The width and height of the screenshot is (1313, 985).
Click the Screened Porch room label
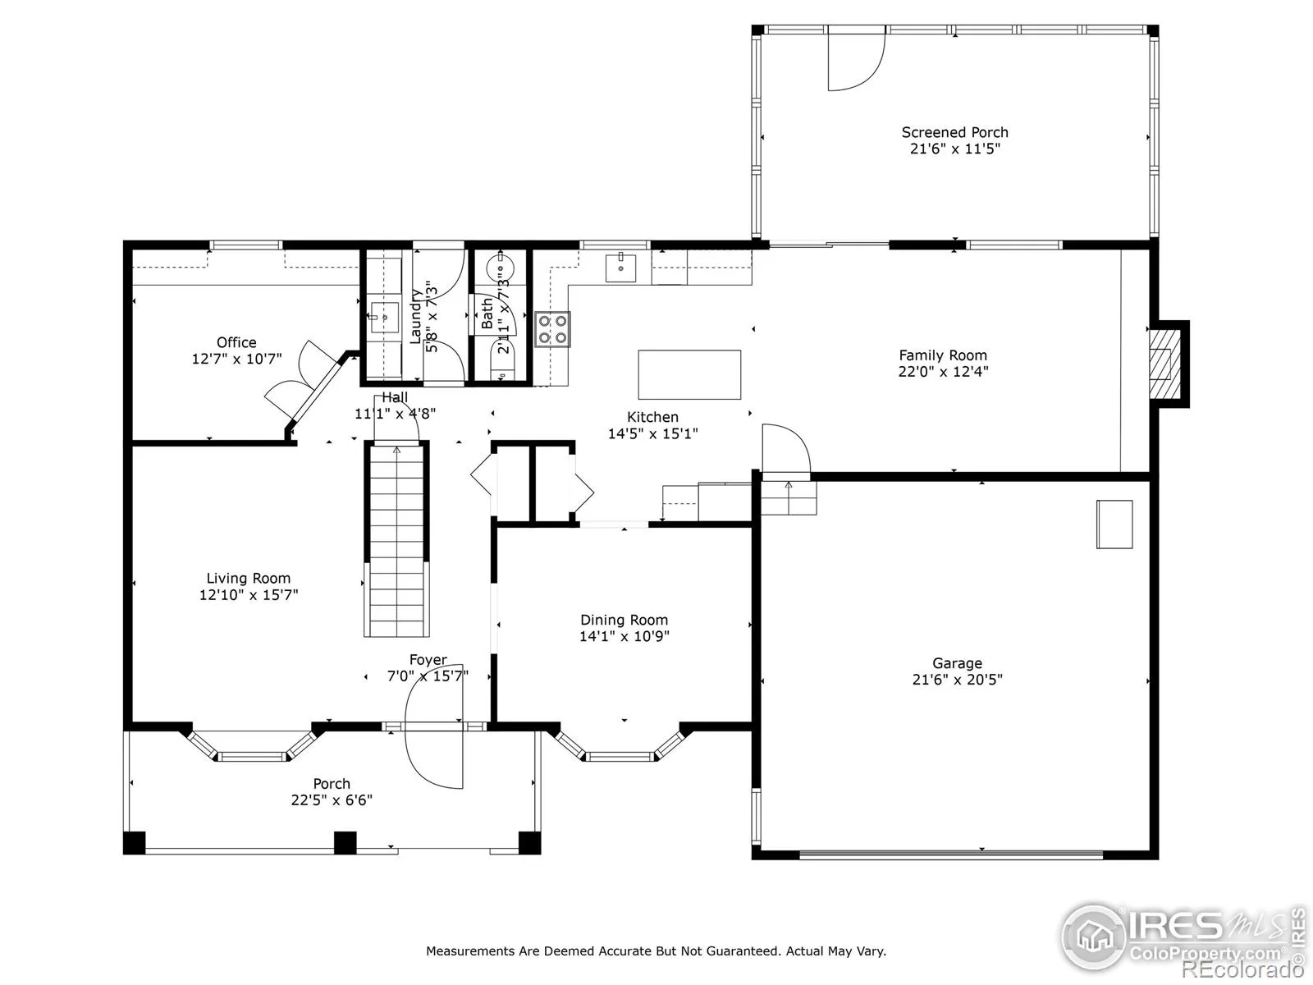click(954, 132)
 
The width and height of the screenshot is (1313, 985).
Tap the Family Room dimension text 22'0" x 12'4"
click(943, 371)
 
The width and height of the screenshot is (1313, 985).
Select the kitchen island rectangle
click(689, 374)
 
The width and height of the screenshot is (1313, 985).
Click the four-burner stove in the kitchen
click(552, 329)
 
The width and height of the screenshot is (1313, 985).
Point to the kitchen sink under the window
click(620, 268)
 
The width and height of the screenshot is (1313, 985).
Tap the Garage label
click(957, 662)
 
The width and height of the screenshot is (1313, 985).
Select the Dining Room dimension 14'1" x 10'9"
click(624, 636)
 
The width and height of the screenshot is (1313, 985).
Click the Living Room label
click(249, 579)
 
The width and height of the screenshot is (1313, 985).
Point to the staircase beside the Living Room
click(396, 539)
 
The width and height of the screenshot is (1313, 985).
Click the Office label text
click(236, 342)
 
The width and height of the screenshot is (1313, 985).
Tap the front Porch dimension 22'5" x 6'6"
click(332, 800)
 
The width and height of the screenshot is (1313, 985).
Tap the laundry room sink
click(383, 318)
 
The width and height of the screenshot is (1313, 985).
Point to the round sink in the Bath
click(498, 263)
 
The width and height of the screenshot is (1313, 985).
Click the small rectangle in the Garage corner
click(1114, 524)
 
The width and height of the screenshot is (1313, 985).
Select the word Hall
click(395, 397)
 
